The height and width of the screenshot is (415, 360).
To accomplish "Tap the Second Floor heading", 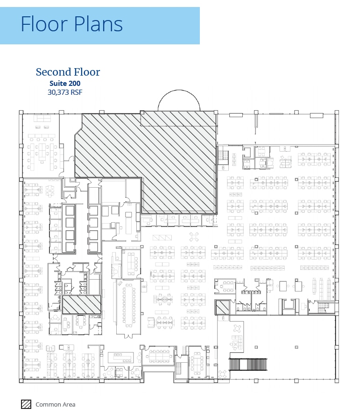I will tap(68, 72).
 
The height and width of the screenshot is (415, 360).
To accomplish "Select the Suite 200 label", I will tap(68, 83).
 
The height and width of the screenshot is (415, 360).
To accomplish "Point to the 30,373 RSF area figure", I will tap(65, 92).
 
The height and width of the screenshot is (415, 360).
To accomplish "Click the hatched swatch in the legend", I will tap(26, 404).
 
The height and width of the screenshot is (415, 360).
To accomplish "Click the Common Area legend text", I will tap(55, 405).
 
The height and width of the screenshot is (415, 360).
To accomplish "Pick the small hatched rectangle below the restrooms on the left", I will tap(82, 305).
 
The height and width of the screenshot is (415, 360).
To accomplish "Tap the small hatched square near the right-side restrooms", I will tap(222, 307).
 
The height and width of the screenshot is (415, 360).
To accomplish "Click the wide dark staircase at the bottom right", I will tap(247, 364).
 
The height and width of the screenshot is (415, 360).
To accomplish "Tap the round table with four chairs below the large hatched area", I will tap(193, 236).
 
